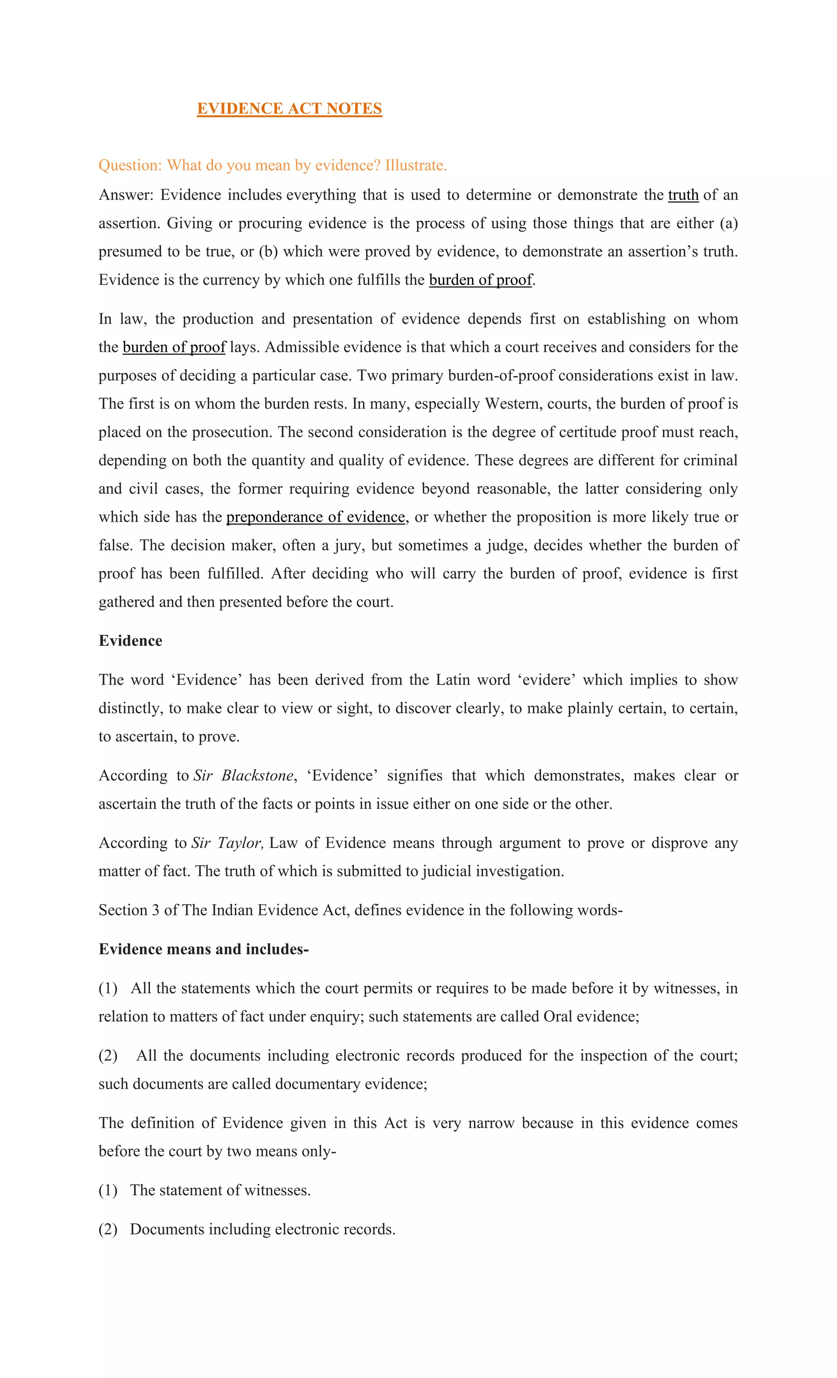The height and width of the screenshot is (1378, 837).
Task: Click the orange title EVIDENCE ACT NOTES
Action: (x=289, y=109)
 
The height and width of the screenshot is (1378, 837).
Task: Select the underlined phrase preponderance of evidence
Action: (x=316, y=517)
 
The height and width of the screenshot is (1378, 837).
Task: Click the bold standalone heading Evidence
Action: (x=130, y=641)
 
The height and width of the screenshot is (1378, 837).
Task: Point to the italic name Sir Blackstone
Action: (x=243, y=776)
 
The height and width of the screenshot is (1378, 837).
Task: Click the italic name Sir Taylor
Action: (x=226, y=843)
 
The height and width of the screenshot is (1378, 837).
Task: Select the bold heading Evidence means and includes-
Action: (x=204, y=949)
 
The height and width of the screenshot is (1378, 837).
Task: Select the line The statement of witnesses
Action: (x=220, y=1190)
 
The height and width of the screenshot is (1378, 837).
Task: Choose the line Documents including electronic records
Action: (x=262, y=1229)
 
